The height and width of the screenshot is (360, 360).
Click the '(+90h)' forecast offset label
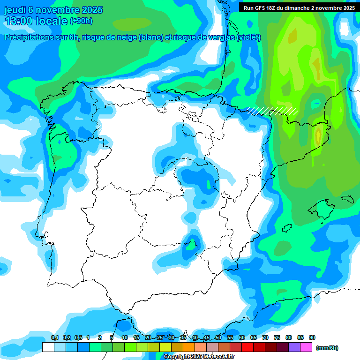point(81,21)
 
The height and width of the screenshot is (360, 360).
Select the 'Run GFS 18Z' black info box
point(299,7)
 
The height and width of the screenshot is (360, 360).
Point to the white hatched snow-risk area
point(273,111)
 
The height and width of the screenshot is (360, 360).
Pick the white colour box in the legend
point(48,347)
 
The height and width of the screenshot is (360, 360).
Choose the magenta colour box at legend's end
point(306,347)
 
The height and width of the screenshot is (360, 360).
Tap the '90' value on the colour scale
point(312,337)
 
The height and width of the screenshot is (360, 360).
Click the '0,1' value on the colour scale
point(55,337)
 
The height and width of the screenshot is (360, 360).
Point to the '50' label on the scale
point(218,337)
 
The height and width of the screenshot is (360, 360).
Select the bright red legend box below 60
point(247,347)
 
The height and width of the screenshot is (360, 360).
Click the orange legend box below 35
point(189,347)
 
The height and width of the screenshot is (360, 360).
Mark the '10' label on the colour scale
point(125,337)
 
